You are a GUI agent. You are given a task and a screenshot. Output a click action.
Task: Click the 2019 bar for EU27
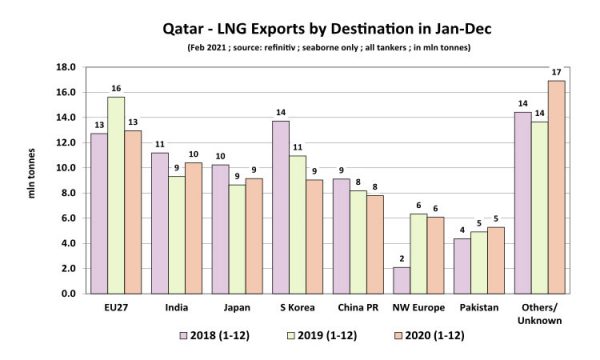(116, 195)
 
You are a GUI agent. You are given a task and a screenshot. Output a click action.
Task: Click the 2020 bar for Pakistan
(495, 260)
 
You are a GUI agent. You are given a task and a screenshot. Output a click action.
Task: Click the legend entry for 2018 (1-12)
(215, 335)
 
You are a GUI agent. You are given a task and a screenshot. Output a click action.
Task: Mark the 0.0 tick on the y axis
(67, 294)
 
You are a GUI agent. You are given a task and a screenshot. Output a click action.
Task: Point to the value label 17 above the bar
(557, 71)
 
